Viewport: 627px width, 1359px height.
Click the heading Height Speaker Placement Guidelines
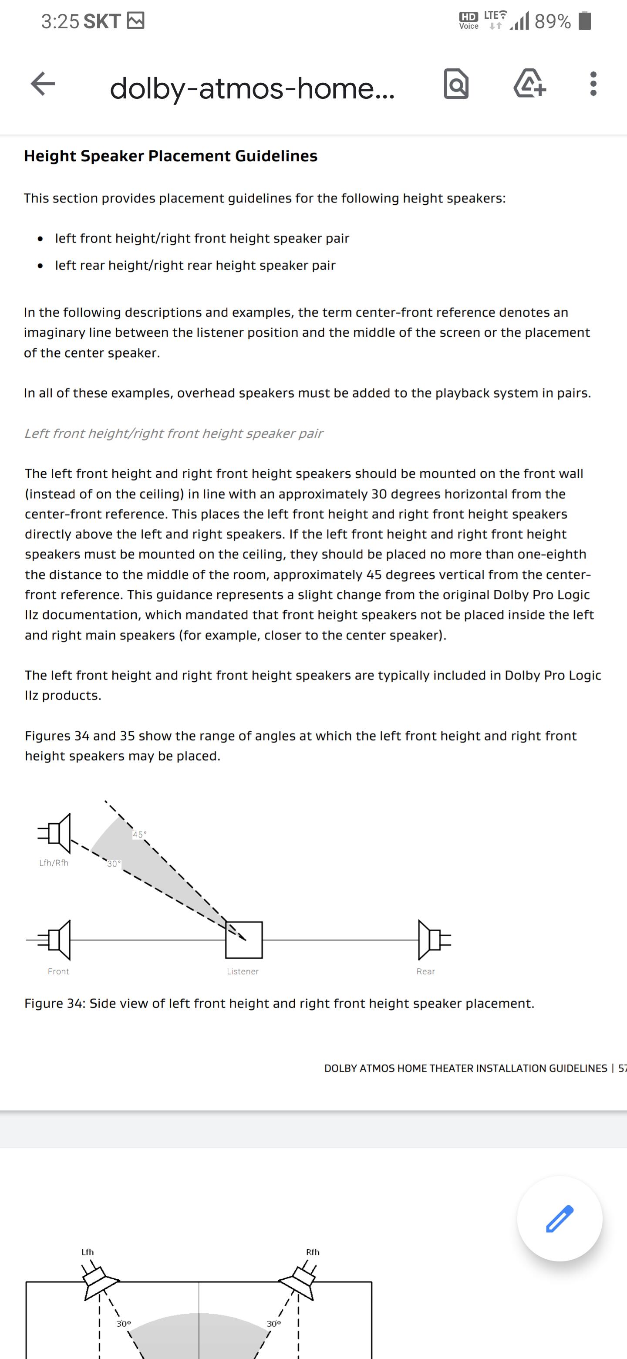(x=170, y=156)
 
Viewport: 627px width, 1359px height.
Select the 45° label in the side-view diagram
(x=139, y=835)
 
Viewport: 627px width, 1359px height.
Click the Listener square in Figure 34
(x=244, y=940)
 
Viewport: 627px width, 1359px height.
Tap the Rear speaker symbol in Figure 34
(x=432, y=940)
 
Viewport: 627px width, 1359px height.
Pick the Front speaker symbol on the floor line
(x=56, y=940)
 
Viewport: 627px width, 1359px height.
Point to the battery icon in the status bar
(x=584, y=21)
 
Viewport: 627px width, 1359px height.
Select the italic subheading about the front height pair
(x=173, y=434)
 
